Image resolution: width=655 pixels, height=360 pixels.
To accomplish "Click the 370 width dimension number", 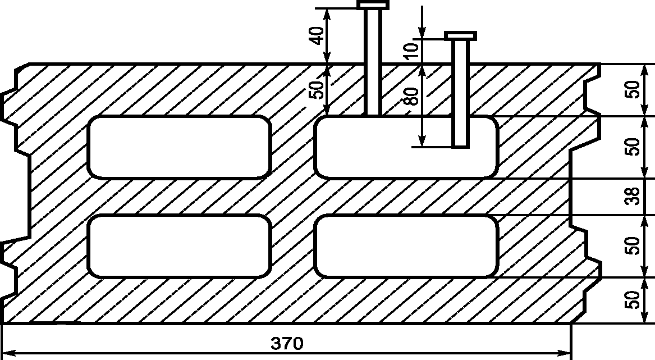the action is pyautogui.click(x=287, y=343).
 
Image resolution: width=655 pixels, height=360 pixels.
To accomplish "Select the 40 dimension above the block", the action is pyautogui.click(x=318, y=36).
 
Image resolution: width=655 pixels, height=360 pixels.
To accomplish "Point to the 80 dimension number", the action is pyautogui.click(x=412, y=96).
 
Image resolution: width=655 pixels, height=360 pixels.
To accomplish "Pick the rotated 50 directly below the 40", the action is pyautogui.click(x=318, y=89).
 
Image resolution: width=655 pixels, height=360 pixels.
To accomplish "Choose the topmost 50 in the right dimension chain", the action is pyautogui.click(x=633, y=89).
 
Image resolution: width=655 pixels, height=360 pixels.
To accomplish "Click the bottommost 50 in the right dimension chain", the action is pyautogui.click(x=633, y=299).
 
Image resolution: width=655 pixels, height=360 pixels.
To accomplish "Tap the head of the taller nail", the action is pyautogui.click(x=373, y=5).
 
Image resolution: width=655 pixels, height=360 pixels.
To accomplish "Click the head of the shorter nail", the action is pyautogui.click(x=460, y=35).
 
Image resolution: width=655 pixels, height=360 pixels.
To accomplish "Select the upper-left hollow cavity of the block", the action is pyautogui.click(x=179, y=147).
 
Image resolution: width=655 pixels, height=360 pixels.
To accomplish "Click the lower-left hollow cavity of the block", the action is pyautogui.click(x=179, y=246).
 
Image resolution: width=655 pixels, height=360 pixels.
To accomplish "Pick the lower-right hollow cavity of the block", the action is pyautogui.click(x=406, y=246).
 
